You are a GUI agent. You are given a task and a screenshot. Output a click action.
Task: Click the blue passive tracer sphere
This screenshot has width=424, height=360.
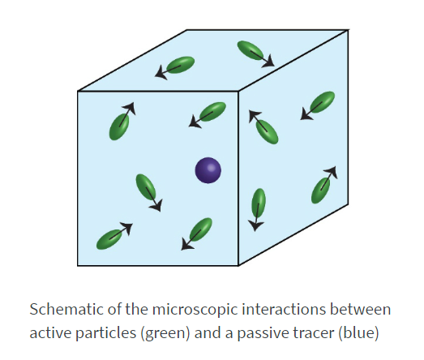pyautogui.click(x=208, y=170)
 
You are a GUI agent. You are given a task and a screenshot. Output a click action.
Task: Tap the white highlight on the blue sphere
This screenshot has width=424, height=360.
pyautogui.click(x=211, y=168)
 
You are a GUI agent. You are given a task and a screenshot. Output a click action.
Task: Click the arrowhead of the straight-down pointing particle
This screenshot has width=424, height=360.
pyautogui.click(x=255, y=225)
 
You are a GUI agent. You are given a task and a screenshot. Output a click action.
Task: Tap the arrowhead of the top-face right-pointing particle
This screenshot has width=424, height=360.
pyautogui.click(x=269, y=62)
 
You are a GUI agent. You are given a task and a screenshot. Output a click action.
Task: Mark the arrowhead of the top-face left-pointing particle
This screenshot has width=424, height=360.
pyautogui.click(x=161, y=73)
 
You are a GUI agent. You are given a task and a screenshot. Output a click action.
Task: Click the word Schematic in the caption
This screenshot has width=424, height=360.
pyautogui.click(x=66, y=309)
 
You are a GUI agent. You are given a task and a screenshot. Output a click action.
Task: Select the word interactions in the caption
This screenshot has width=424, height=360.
pyautogui.click(x=284, y=309)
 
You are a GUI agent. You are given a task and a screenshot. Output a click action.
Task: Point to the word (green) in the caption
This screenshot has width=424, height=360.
pyautogui.click(x=165, y=333)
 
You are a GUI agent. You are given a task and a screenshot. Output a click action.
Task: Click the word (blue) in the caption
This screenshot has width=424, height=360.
pyautogui.click(x=358, y=332)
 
